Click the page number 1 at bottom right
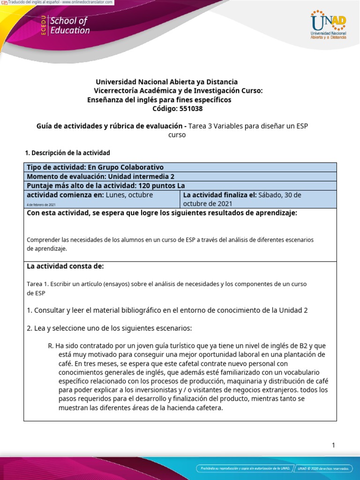(x=333, y=445)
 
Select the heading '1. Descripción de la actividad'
(x=67, y=153)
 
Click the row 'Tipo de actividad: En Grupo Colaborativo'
(x=95, y=167)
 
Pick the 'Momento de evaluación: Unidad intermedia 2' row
(x=100, y=177)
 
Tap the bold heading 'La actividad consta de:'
(x=65, y=266)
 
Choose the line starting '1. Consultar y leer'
(x=167, y=310)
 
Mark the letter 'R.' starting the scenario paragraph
(x=51, y=345)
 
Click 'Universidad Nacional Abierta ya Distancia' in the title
(x=166, y=82)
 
